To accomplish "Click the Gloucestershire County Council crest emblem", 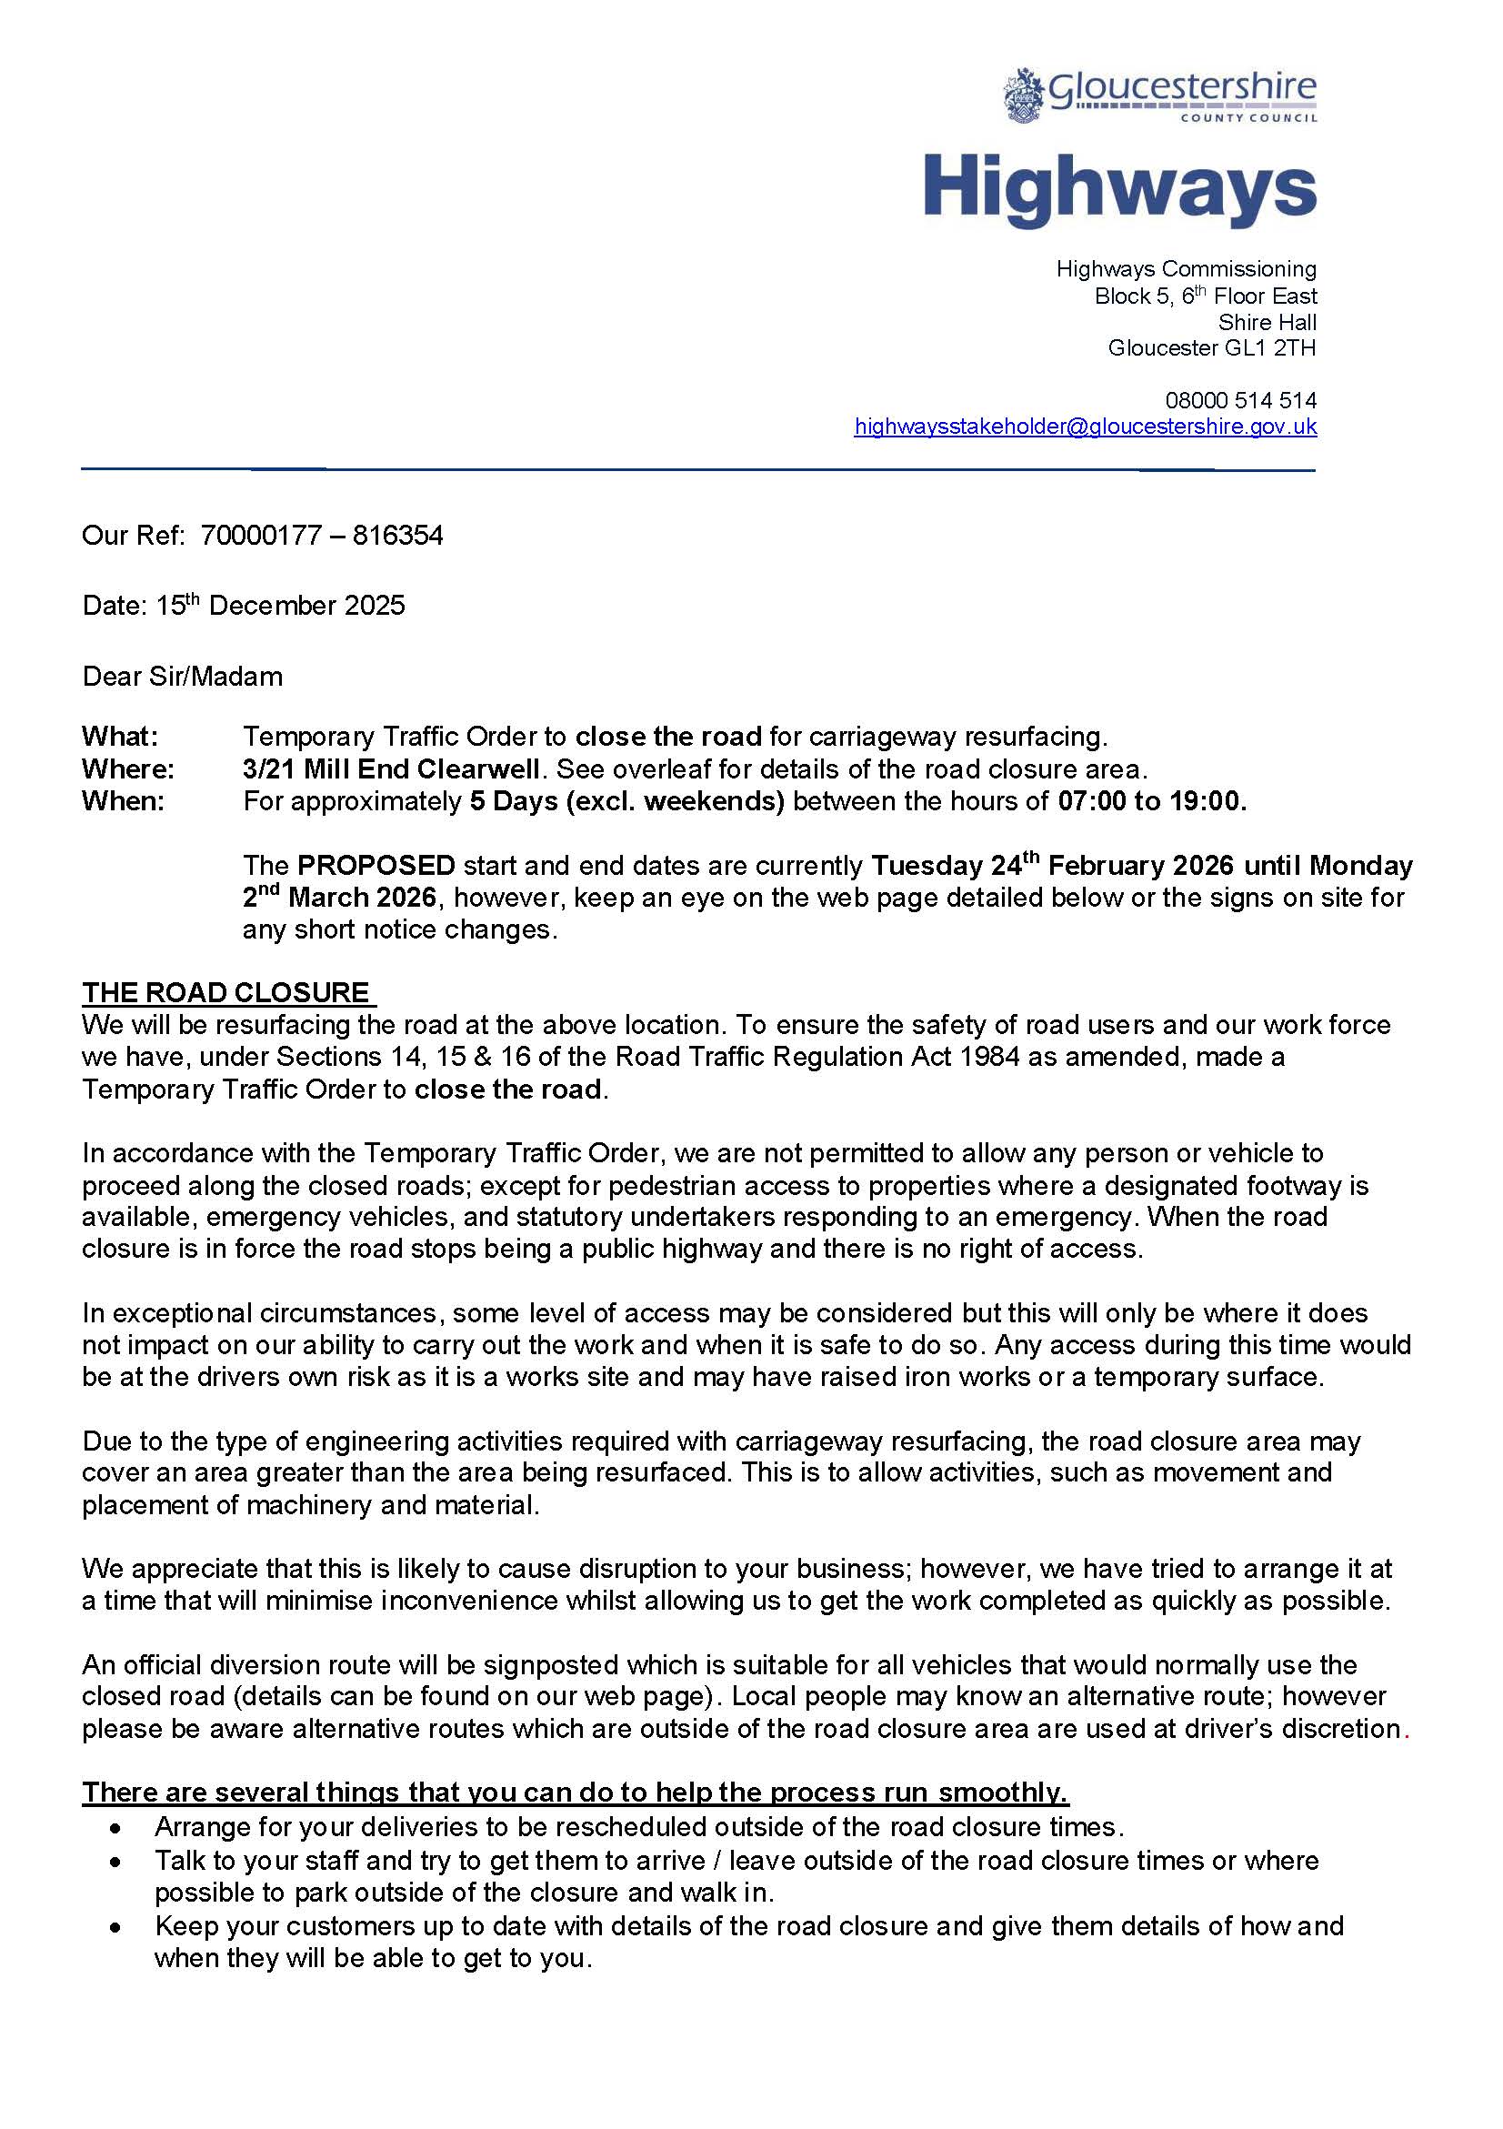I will tap(1023, 95).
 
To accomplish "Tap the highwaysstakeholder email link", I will tap(1085, 427).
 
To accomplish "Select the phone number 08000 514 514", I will tap(1239, 400).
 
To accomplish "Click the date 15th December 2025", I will tap(280, 606).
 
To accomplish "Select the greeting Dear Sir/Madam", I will tap(182, 676).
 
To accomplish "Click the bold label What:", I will tap(120, 737).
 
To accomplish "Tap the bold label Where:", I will tap(127, 768).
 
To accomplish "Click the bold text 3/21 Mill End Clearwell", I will tap(391, 768).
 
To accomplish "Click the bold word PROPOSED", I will tap(376, 865).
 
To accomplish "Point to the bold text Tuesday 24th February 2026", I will tap(1052, 865).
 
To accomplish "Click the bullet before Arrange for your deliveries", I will tap(115, 1828).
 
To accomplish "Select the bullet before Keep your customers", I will tap(115, 1926).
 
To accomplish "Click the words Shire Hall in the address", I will tap(1267, 322).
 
